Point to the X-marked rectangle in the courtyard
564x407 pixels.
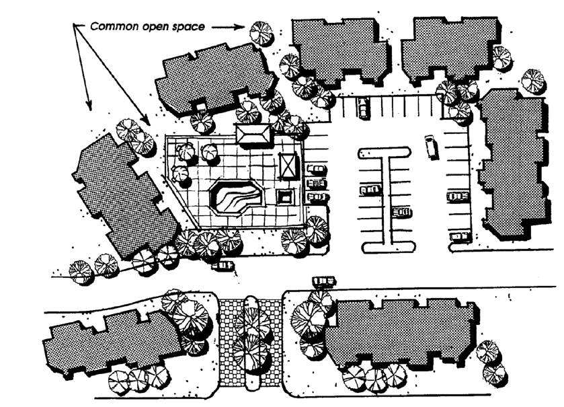(287, 164)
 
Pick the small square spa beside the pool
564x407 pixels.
(285, 196)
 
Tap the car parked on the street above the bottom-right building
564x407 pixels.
(324, 281)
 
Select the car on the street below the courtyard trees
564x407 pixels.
(222, 265)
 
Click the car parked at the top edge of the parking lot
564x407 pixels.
(364, 108)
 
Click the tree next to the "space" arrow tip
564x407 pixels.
(261, 32)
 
